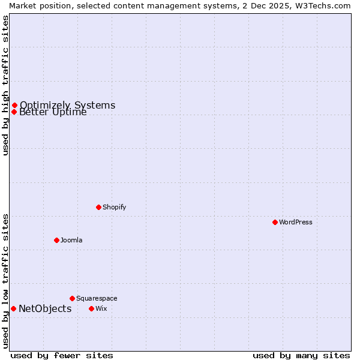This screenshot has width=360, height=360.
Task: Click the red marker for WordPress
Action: pos(275,222)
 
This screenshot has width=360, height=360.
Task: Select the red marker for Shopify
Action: pos(98,207)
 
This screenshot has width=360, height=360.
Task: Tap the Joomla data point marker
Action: pos(56,240)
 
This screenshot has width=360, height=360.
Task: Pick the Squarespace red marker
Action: pos(72,298)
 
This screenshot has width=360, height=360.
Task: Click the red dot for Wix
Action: pos(91,308)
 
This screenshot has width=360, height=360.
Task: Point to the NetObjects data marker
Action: pos(13,308)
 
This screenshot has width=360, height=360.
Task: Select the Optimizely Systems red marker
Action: pos(14,106)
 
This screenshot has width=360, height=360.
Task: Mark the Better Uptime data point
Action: pos(14,112)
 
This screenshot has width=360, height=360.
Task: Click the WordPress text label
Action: pos(296,222)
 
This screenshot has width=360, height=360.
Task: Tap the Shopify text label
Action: pos(114,207)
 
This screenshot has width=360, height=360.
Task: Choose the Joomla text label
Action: pos(71,240)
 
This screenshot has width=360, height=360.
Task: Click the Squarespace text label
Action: pos(97,298)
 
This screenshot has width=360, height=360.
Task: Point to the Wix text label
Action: pos(101,308)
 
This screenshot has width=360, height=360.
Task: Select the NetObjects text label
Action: pos(45,309)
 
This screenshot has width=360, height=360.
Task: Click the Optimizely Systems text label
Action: pos(67,106)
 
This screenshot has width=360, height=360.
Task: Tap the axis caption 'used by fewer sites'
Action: pos(62,355)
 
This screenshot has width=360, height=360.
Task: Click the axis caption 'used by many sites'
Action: pos(301,355)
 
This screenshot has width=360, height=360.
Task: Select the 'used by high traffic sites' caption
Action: pos(5,85)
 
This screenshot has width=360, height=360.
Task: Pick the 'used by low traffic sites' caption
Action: pos(5,280)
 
